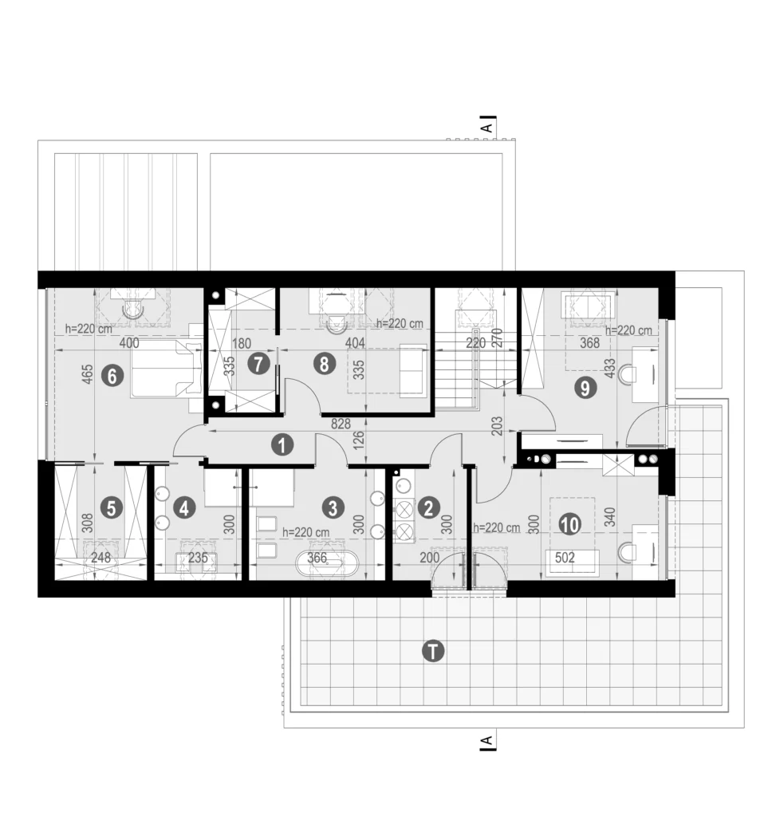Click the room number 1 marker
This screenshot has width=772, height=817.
[282, 445]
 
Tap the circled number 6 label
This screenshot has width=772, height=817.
[113, 375]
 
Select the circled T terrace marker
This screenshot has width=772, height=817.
[433, 651]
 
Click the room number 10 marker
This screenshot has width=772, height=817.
[570, 524]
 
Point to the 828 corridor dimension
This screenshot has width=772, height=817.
[341, 424]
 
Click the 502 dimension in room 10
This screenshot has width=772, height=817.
[565, 558]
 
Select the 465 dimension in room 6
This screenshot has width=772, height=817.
[88, 374]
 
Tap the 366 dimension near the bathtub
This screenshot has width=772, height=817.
[317, 558]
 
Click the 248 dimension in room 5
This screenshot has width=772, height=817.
[100, 558]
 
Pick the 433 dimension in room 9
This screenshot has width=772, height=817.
[609, 368]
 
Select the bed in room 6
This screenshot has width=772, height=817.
[167, 368]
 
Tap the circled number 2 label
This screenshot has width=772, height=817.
[429, 508]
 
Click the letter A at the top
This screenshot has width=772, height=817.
[486, 128]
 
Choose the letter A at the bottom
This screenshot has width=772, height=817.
[486, 740]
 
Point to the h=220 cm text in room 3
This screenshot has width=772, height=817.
[305, 532]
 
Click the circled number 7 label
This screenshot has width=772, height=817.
[258, 364]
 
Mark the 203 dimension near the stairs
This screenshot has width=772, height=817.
[497, 426]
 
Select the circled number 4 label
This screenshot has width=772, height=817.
[184, 508]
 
